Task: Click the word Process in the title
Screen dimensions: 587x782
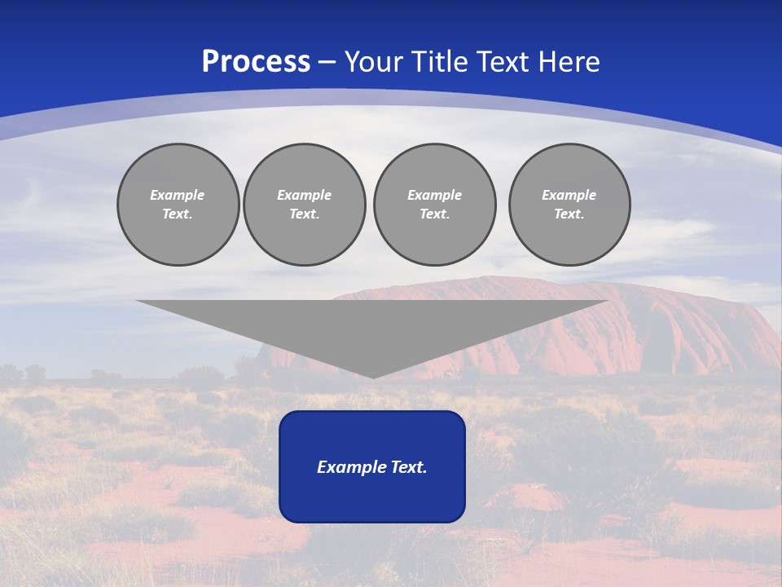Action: pyautogui.click(x=256, y=62)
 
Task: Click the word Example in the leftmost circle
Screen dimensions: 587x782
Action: pyautogui.click(x=178, y=195)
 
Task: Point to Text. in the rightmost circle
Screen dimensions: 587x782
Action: pyautogui.click(x=569, y=214)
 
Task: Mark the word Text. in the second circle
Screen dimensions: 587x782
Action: pyautogui.click(x=305, y=214)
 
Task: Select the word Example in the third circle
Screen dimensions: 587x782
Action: pyautogui.click(x=435, y=195)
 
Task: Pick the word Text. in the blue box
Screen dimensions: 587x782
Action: pyautogui.click(x=408, y=467)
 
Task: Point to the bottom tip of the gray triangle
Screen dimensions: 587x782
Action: pyautogui.click(x=373, y=376)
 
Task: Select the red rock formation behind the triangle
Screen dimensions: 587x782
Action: pyautogui.click(x=692, y=326)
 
